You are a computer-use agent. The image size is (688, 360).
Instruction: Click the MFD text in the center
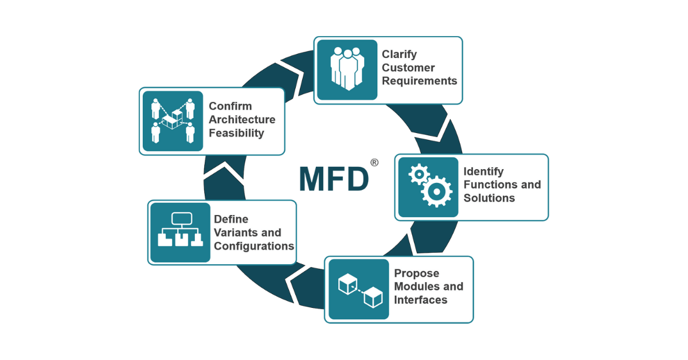333,179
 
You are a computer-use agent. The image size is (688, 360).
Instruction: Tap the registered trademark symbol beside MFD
374,163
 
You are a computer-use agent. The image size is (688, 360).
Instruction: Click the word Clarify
400,54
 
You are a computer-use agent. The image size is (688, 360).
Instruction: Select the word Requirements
420,81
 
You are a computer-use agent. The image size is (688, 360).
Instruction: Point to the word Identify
483,171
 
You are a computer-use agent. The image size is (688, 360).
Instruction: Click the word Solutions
489,198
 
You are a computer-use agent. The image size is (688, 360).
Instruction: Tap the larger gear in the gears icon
437,191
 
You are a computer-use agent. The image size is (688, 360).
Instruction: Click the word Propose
416,273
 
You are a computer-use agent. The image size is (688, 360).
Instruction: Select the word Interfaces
420,299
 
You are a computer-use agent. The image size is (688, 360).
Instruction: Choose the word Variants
248,233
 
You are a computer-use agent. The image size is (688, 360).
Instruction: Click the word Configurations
254,246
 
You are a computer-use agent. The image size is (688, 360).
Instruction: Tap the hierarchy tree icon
181,232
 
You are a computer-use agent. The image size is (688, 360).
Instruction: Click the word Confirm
230,106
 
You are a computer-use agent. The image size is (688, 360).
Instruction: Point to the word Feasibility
236,133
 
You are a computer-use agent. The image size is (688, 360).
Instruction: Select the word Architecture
242,119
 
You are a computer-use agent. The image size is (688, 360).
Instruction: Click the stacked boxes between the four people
173,122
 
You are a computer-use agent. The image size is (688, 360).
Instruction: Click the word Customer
408,68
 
